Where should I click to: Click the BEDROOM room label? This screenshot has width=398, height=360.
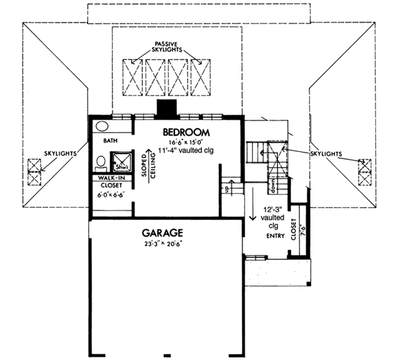coord(186,131)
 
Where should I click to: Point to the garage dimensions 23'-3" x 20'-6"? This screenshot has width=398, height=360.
coord(163,243)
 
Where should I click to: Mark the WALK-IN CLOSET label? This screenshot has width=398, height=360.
coord(111,182)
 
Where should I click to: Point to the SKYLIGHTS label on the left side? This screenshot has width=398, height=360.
coord(56,153)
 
